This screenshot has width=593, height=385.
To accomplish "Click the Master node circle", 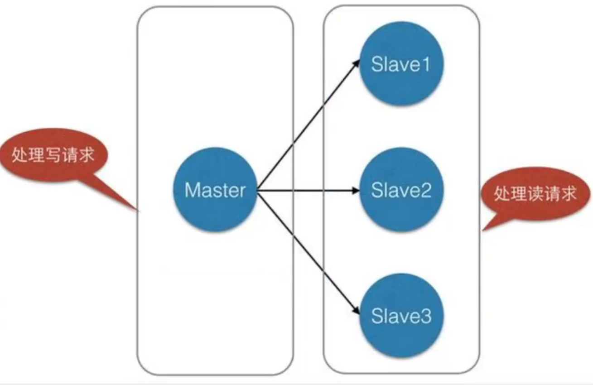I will [x=215, y=190].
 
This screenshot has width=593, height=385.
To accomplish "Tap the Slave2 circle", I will [x=400, y=191].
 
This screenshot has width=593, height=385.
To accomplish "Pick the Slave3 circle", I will [x=400, y=315].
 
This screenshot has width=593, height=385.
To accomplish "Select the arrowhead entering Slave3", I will [x=356, y=312].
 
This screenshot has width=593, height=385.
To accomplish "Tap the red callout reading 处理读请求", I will [x=535, y=193].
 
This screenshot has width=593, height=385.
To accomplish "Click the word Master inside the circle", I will [x=215, y=190].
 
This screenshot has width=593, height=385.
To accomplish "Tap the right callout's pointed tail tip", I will [x=483, y=230].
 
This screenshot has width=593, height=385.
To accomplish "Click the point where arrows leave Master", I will [x=257, y=191].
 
